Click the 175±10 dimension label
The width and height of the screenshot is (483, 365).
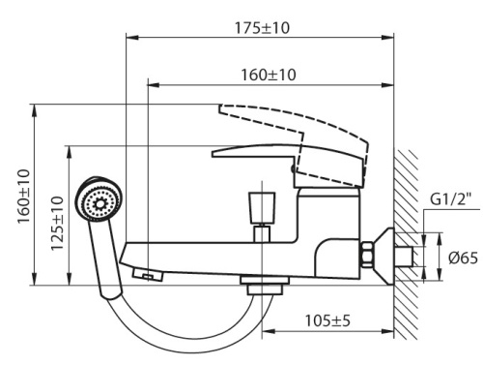[x=262, y=28]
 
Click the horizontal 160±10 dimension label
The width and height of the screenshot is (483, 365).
[x=270, y=75]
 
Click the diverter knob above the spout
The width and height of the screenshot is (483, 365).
[x=263, y=204]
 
